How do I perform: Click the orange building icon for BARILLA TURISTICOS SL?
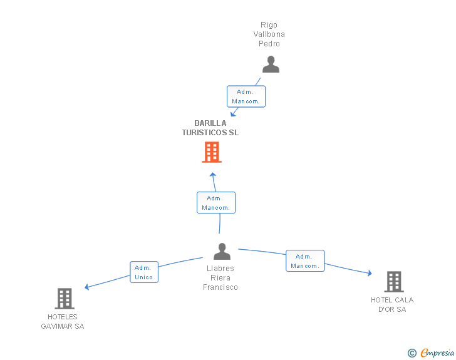[x=212, y=152]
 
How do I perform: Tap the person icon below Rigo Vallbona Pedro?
[x=271, y=64]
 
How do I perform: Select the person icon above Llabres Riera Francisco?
[x=222, y=251]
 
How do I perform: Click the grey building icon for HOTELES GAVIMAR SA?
[x=65, y=299]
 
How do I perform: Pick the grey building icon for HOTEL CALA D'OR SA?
[x=394, y=282]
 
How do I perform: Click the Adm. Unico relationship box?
[x=144, y=272]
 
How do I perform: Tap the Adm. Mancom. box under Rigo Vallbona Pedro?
[x=246, y=96]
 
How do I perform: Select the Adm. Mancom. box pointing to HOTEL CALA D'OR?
[x=305, y=261]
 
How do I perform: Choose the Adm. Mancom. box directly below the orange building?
[x=216, y=203]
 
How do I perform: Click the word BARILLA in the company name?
[x=210, y=123]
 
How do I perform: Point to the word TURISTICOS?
[x=205, y=133]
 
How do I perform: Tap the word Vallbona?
[x=269, y=34]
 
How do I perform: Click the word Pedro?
[x=269, y=44]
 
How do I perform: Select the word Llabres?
[x=220, y=269]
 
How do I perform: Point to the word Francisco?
[x=220, y=287]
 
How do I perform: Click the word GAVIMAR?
[x=57, y=326]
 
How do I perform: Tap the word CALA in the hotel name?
[x=404, y=300]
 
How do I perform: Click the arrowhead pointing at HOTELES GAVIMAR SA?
[x=86, y=287]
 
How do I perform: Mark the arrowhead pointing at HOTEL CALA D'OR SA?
[x=370, y=273]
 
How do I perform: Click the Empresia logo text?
[x=437, y=352]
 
